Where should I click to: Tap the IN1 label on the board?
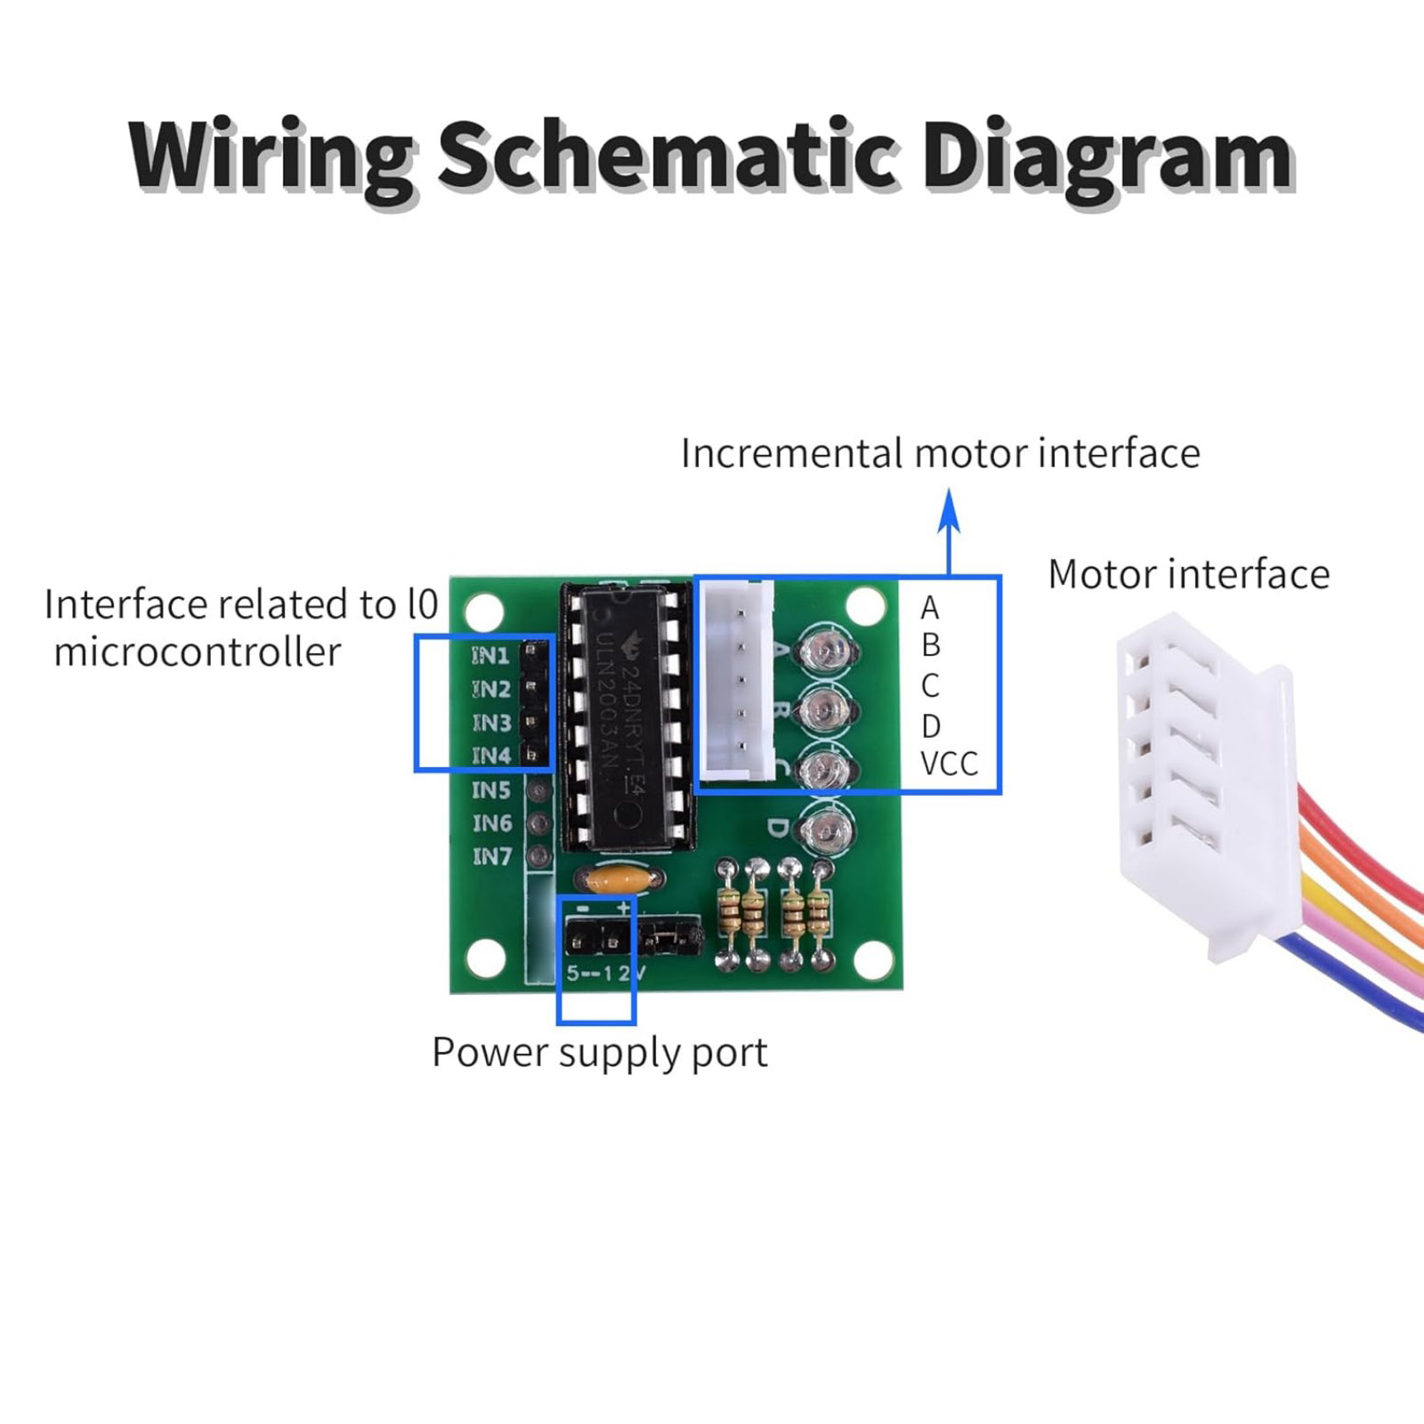pyautogui.click(x=490, y=656)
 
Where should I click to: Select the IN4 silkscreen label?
pyautogui.click(x=491, y=756)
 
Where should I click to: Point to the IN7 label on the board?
pyautogui.click(x=492, y=856)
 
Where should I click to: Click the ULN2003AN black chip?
pyautogui.click(x=627, y=712)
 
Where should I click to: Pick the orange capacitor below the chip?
pyautogui.click(x=619, y=880)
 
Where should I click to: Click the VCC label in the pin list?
pyautogui.click(x=949, y=764)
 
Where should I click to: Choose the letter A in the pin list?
pyautogui.click(x=930, y=608)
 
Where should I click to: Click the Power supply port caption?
pyautogui.click(x=599, y=1053)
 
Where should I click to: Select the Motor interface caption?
pyautogui.click(x=1188, y=574)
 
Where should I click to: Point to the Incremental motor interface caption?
pyautogui.click(x=940, y=453)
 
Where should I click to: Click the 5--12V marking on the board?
pyautogui.click(x=605, y=973)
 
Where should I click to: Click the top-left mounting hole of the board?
pyautogui.click(x=484, y=611)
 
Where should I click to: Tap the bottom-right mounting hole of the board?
pyautogui.click(x=871, y=958)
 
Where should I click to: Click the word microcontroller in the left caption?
pyautogui.click(x=198, y=652)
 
